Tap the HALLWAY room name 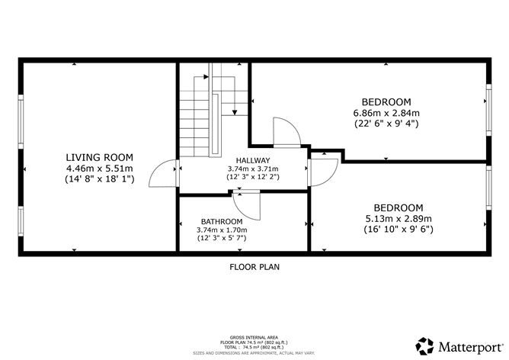pyautogui.click(x=252, y=159)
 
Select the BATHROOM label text pyautogui.click(x=222, y=221)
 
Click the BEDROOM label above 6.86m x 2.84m pyautogui.click(x=386, y=102)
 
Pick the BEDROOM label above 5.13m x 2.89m pyautogui.click(x=398, y=207)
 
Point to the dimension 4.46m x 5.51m pyautogui.click(x=99, y=169)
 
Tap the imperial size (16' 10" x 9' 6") pyautogui.click(x=398, y=229)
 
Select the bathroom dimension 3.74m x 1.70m pyautogui.click(x=222, y=230)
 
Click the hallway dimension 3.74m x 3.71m pyautogui.click(x=252, y=169)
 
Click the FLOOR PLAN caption pyautogui.click(x=254, y=267)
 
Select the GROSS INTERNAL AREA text pyautogui.click(x=254, y=336)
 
